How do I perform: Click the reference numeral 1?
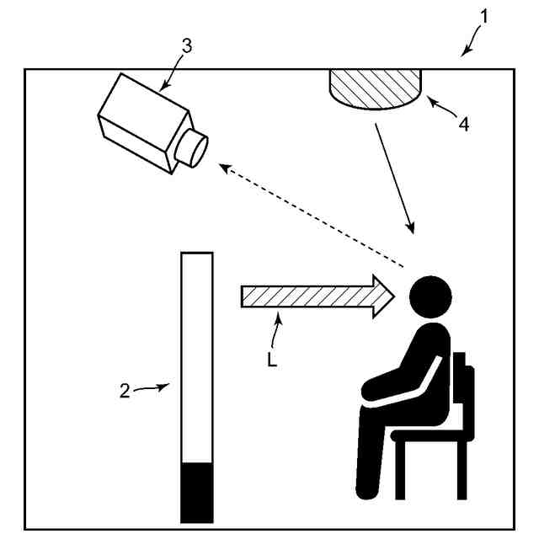coord(484,17)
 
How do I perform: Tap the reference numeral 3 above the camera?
coord(187,45)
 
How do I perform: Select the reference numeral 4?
coord(464,124)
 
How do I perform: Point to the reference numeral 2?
coord(125,391)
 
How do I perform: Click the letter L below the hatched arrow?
coord(272,360)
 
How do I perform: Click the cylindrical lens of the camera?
coord(192,148)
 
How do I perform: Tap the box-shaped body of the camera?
coord(143,123)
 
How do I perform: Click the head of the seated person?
coord(430,296)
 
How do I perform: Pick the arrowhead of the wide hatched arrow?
coord(383,296)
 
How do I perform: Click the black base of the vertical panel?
coord(197,493)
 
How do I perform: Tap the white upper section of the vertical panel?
coord(197,357)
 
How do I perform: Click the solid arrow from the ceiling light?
coord(395,179)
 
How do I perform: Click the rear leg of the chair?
coord(462,470)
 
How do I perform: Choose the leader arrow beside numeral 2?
coord(152,387)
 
